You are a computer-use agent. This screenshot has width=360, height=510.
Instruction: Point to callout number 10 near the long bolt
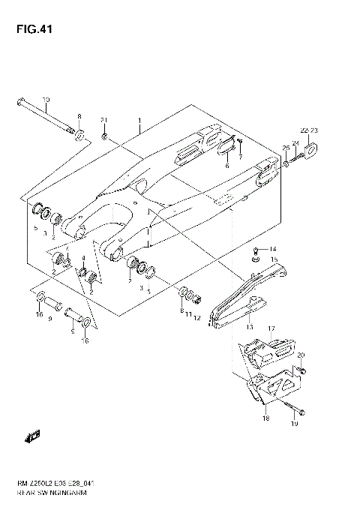46,100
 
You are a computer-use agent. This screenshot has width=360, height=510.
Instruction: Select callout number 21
105,121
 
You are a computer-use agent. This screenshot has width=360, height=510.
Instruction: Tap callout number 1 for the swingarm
139,120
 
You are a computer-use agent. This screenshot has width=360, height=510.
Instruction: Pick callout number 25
286,147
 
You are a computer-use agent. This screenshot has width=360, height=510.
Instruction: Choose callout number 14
273,250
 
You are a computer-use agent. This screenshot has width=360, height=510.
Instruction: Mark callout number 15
274,259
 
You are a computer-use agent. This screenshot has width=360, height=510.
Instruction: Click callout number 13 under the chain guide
249,327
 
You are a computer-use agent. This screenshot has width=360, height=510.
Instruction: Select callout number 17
271,328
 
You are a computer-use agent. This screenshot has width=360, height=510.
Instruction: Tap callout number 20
301,355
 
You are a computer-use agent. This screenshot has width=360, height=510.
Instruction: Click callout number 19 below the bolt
295,424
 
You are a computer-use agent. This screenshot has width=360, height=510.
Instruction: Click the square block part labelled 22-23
316,152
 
